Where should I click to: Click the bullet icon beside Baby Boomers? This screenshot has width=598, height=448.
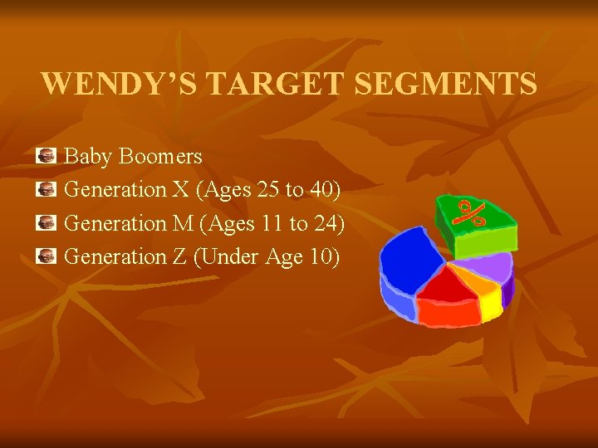(47, 155)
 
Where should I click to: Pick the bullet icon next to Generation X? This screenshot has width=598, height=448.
(47, 189)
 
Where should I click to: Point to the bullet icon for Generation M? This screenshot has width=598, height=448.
(47, 222)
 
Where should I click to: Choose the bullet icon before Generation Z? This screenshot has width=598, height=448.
(47, 256)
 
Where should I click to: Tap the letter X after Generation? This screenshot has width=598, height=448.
(180, 190)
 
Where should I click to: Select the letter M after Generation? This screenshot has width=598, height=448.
(181, 223)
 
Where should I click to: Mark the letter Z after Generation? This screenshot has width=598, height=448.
(179, 257)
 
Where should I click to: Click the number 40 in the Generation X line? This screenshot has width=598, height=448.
(321, 190)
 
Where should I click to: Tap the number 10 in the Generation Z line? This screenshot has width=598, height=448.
(320, 257)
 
